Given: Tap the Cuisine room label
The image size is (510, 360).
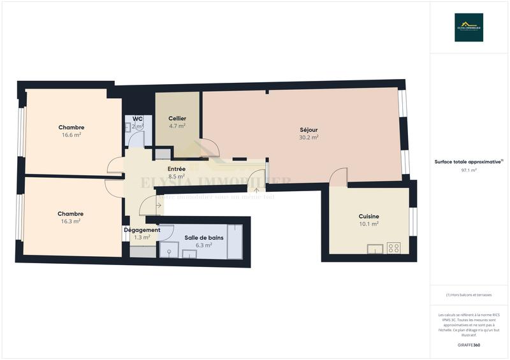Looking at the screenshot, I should coord(368,217).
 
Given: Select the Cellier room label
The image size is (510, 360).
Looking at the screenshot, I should coord(177,119).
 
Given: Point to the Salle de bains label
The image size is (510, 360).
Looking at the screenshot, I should coord(203,237).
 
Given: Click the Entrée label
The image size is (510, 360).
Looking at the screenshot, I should coord(177,169).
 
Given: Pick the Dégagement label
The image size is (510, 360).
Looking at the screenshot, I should coord(142,230).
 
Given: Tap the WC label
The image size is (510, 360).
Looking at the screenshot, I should coord(137,119).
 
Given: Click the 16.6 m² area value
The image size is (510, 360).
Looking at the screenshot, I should coord(71,135).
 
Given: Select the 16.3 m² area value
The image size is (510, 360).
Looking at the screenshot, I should coord(70,221).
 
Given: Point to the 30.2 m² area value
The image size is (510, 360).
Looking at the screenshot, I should coord(309,136).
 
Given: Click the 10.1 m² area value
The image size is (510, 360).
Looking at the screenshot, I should coord(368,224).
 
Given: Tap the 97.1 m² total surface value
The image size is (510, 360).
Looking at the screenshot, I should coord(469,170).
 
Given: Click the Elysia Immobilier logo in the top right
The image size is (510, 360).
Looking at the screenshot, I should coord(469,27).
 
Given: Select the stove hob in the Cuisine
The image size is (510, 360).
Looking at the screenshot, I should coord(394,248).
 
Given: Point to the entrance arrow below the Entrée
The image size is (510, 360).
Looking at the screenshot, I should coord(257,189).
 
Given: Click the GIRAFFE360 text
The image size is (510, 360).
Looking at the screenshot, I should coord(469,345).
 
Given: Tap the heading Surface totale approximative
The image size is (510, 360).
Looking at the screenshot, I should coord(469,162).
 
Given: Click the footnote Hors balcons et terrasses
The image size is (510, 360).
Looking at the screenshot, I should coord(469,295).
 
